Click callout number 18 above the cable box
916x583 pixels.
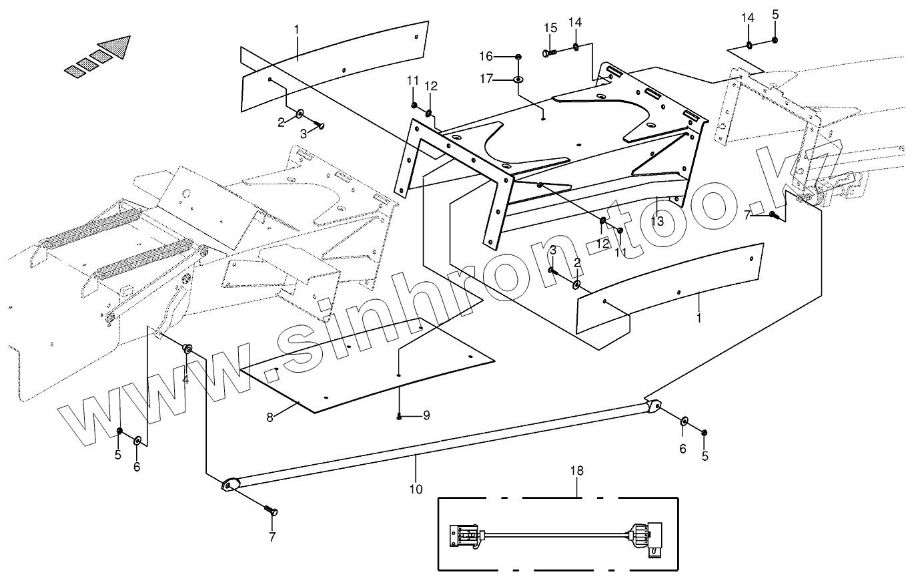576,471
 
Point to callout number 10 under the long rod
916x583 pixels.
416,489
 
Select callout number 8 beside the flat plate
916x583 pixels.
270,417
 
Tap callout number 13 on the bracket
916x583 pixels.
657,221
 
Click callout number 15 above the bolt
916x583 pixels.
550,27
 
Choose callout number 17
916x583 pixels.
485,79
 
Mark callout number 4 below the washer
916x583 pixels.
185,379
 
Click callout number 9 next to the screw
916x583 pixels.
426,415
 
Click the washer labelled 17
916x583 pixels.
518,80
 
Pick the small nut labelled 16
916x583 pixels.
518,56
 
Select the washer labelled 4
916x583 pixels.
188,348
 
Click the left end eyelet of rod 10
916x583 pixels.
230,485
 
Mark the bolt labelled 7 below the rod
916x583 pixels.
272,511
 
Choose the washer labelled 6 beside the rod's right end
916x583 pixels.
684,422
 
